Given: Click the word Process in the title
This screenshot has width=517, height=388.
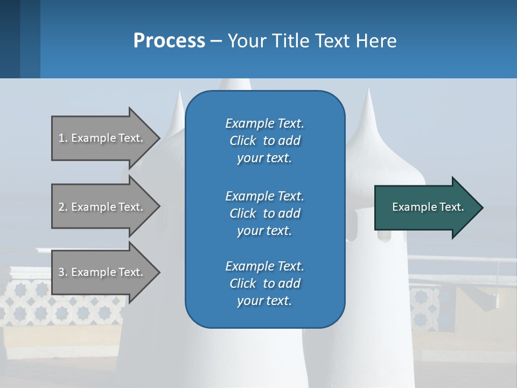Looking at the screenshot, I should [x=169, y=41].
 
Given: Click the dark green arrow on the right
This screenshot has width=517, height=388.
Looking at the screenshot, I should [x=425, y=207].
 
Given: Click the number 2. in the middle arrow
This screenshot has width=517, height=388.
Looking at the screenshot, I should [x=63, y=207].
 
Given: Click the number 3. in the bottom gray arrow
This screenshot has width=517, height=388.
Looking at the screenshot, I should [x=63, y=272].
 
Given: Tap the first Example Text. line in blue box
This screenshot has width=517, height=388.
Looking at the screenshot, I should [x=264, y=123].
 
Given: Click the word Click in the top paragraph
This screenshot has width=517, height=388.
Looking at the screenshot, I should [x=243, y=141].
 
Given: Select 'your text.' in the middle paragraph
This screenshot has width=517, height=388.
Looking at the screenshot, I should [x=264, y=231].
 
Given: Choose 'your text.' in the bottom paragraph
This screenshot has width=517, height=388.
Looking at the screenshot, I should [x=264, y=301].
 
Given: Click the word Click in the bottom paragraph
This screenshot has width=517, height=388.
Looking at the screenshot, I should [x=243, y=283].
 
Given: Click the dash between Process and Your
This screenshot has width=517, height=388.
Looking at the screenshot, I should [x=216, y=41].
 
